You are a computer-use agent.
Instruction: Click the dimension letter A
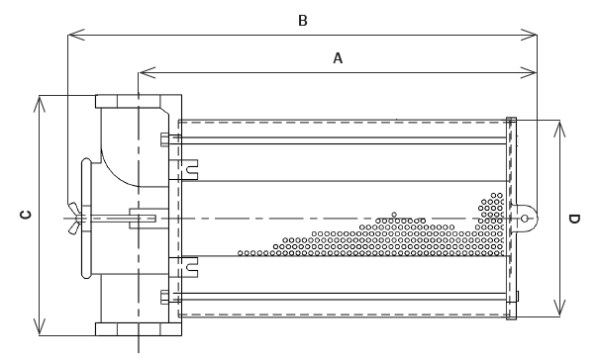[x=338, y=59]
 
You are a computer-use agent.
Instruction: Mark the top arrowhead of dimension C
[x=38, y=101]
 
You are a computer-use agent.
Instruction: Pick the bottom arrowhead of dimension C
[x=38, y=329]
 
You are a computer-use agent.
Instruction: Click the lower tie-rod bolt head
[x=165, y=294]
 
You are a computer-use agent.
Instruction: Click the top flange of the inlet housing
[x=138, y=102]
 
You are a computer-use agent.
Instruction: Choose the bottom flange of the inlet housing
[x=138, y=329]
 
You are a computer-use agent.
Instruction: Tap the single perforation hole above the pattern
[x=394, y=213]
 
